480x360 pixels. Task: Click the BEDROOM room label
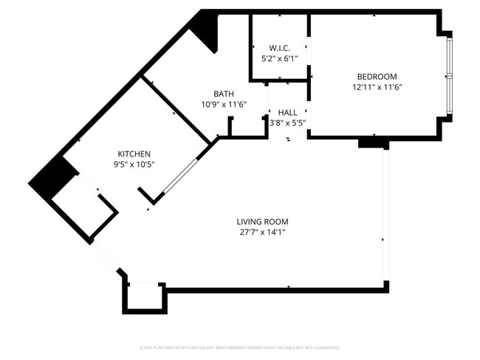click(x=377, y=77)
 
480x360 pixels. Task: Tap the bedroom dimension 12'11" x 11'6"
click(x=377, y=87)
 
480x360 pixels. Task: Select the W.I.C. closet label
click(x=279, y=48)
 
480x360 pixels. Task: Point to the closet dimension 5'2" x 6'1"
click(x=279, y=58)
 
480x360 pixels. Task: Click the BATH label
click(x=224, y=94)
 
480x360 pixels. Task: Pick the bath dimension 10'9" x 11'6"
click(x=224, y=104)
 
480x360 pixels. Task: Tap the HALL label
click(x=287, y=112)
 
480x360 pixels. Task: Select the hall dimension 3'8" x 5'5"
click(x=287, y=122)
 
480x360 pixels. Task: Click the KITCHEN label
click(x=134, y=153)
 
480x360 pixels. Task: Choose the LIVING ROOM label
click(x=262, y=221)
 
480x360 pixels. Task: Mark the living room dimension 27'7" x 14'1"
click(x=262, y=232)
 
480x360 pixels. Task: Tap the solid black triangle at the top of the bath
click(x=207, y=30)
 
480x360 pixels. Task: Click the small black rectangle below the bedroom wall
click(x=373, y=143)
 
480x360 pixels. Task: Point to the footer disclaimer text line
click(x=239, y=347)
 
